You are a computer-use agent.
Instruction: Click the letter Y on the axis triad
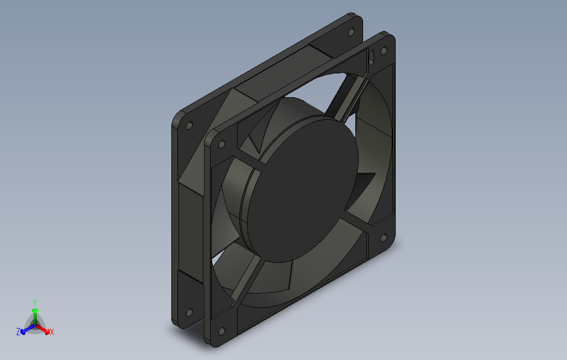pos(35,302)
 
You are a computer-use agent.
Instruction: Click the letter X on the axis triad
pos(52,331)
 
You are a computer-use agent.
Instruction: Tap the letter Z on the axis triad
pos(18,331)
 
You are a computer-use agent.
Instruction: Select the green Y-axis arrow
pos(35,315)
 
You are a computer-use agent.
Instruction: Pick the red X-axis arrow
pos(43,329)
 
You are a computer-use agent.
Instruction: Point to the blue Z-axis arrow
pos(28,329)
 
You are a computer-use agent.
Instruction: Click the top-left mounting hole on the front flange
pos(222,145)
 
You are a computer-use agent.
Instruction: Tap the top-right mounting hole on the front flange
pos(384,51)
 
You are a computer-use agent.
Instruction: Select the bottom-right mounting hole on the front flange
pos(384,237)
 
